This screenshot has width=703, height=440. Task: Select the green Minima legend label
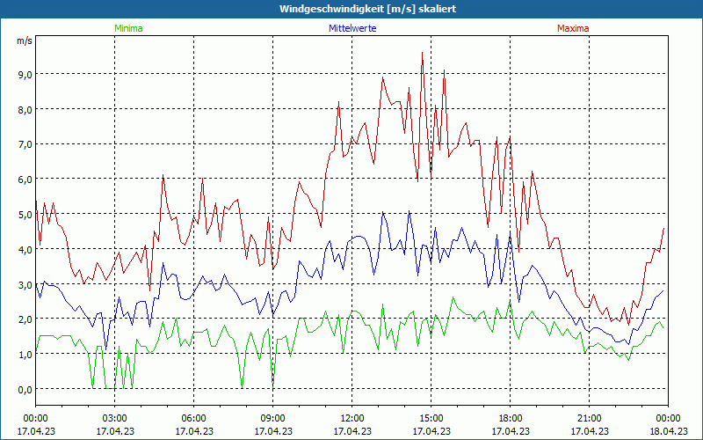coord(127,28)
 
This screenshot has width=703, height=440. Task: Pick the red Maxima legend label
coord(572,28)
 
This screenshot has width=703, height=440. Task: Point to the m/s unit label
coord(24,41)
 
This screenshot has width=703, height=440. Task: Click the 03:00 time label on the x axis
coord(114,417)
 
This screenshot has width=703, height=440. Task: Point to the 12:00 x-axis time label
coord(351,417)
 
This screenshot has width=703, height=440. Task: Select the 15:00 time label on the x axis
coord(431,417)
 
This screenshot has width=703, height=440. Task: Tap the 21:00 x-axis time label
coord(589,417)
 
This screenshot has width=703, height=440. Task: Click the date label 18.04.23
coord(668,431)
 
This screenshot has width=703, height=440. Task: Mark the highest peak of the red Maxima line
coord(423,53)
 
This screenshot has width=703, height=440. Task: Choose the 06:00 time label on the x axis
coord(193,417)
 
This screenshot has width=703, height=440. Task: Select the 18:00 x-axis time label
coord(510,417)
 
